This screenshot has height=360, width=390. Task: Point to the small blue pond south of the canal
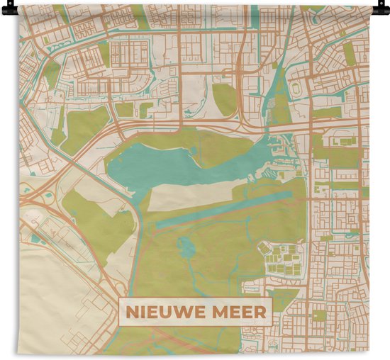[186, 247]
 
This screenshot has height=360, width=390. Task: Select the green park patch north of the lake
[225, 99]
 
